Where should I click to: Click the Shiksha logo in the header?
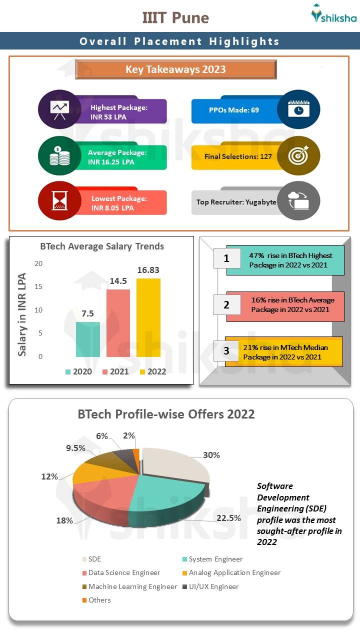tap(333, 14)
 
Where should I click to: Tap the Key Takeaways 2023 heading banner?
tap(175, 69)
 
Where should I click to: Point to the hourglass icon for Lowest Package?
tap(59, 201)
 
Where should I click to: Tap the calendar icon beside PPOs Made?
tap(298, 109)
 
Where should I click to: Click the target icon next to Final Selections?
tap(298, 155)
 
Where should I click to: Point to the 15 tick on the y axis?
tap(38, 287)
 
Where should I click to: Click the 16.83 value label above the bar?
tap(148, 270)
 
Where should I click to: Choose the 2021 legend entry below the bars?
tap(115, 371)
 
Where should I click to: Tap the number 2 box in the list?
tap(226, 304)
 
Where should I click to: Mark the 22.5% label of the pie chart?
tap(228, 518)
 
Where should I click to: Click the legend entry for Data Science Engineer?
tap(120, 572)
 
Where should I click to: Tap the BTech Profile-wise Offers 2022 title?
tap(166, 414)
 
